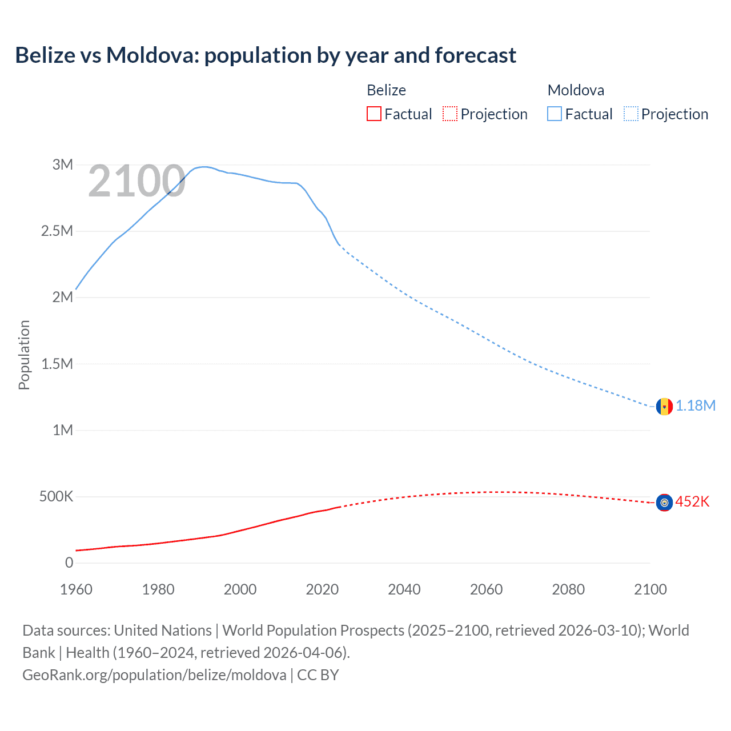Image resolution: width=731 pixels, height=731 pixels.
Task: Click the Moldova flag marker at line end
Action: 664,406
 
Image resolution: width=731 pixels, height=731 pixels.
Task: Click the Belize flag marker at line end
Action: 664,503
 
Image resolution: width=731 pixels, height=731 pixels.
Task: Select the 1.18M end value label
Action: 696,406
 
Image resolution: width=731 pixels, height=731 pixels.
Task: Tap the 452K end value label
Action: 692,502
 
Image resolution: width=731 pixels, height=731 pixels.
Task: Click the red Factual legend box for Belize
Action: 373,114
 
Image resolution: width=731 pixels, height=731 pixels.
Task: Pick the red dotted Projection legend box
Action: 450,114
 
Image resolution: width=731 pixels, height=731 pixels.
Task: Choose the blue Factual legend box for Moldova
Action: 554,114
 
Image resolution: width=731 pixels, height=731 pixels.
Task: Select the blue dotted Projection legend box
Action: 630,114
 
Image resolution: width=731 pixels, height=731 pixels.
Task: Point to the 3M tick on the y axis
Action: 63,165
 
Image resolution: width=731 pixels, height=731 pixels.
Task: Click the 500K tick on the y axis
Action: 56,497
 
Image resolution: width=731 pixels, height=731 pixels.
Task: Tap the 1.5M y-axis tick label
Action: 57,364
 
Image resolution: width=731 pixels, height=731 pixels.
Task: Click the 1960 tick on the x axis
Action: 76,589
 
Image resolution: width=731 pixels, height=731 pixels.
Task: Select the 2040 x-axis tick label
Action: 404,589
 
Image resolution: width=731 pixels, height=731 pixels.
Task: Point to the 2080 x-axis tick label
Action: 568,589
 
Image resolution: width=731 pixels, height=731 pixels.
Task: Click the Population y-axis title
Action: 24,355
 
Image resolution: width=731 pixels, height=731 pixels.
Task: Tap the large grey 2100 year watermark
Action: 136,182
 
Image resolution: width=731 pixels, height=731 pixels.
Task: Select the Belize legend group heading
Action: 386,90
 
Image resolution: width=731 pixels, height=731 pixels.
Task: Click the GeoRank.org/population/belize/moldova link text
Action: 154,675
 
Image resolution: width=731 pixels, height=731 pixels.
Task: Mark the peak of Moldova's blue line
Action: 204,167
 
